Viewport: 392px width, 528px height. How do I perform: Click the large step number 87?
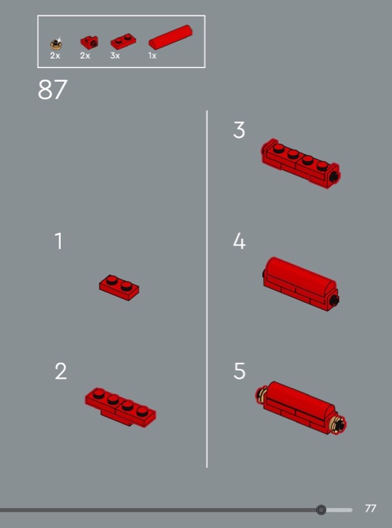tap(53, 90)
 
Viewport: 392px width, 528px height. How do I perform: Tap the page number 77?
tap(370, 508)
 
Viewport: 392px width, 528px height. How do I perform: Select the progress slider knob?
tap(321, 510)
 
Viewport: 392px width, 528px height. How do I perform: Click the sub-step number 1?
tap(59, 241)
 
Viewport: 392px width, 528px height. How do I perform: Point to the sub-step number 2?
tap(61, 372)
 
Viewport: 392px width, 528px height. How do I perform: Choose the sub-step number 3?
tap(239, 130)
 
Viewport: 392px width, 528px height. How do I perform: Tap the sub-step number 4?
tap(239, 241)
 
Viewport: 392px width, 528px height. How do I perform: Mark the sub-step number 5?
tap(239, 372)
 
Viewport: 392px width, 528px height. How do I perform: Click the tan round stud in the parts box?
tap(56, 44)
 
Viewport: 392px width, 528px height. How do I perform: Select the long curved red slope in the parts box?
tap(171, 37)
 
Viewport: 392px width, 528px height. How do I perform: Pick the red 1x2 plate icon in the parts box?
tap(123, 42)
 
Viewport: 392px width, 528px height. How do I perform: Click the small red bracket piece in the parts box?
tap(89, 42)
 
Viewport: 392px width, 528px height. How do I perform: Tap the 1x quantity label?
tap(153, 56)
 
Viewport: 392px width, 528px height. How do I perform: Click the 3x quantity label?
tap(115, 56)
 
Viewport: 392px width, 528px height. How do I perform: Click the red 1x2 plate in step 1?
tap(119, 288)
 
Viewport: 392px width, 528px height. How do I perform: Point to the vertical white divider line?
tap(207, 289)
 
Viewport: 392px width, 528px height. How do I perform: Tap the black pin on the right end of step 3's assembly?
tap(334, 176)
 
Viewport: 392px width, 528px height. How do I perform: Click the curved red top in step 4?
tap(300, 275)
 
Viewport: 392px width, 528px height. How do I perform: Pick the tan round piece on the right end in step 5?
tap(338, 425)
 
